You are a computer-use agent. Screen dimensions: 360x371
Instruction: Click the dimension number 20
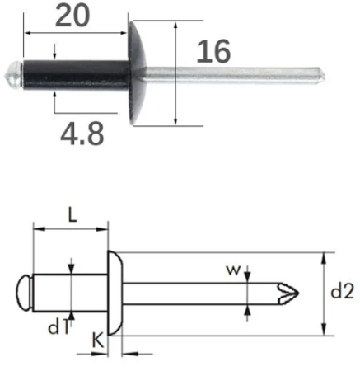click(72, 16)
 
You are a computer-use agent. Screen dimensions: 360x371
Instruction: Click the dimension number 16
click(213, 51)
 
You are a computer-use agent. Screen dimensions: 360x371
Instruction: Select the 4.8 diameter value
click(82, 134)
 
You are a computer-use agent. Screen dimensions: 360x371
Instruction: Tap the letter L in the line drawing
click(72, 214)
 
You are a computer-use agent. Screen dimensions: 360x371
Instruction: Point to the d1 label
click(58, 327)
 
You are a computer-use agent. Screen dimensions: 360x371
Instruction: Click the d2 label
click(342, 292)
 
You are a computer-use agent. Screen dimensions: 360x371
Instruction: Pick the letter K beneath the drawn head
click(98, 340)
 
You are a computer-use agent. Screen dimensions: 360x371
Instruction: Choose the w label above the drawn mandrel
click(233, 270)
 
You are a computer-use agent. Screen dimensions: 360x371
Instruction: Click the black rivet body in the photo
click(77, 75)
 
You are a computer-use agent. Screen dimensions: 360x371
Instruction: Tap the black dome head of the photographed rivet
click(138, 73)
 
